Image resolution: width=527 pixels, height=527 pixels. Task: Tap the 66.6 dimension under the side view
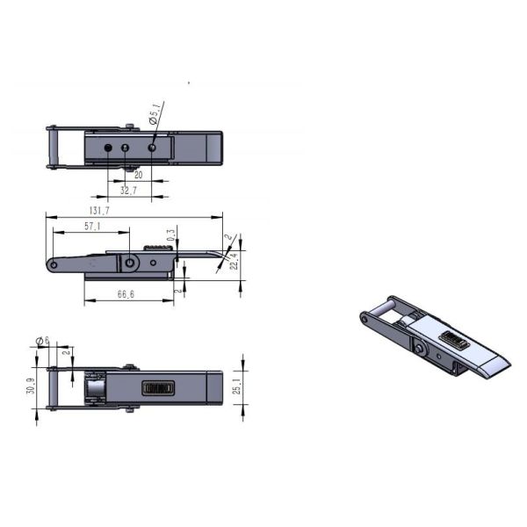click(125, 295)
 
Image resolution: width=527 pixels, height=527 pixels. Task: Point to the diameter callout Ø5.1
click(155, 114)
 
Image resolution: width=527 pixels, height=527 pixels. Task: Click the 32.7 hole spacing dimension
click(128, 190)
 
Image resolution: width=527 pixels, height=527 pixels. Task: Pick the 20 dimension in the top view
click(138, 175)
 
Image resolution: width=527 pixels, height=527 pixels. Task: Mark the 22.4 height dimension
click(235, 260)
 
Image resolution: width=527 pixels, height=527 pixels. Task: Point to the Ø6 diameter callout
click(40, 341)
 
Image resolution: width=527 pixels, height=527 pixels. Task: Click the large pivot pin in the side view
click(131, 263)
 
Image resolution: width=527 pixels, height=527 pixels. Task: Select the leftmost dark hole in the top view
click(107, 148)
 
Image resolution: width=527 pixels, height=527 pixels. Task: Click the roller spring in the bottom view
click(93, 387)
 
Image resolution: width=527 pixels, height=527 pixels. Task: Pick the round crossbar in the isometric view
click(384, 310)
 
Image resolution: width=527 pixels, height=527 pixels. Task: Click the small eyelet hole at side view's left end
click(54, 265)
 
